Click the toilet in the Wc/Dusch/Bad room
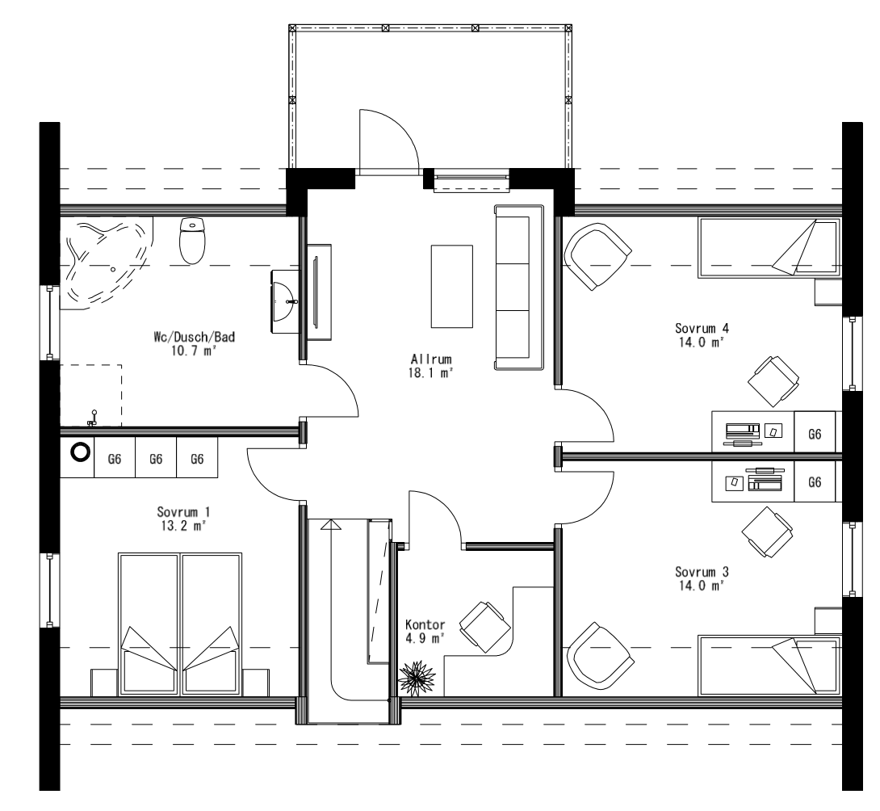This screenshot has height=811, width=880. (x=192, y=240)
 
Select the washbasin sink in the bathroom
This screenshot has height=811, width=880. (x=284, y=300)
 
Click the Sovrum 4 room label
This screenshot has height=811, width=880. (x=702, y=328)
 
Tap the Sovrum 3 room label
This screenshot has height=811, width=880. (x=702, y=572)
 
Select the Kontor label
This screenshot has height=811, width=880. (x=425, y=625)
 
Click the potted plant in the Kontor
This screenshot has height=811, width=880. (x=417, y=677)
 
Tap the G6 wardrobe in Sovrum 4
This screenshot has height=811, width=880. (x=815, y=434)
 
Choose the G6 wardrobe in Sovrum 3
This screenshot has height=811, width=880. (x=815, y=482)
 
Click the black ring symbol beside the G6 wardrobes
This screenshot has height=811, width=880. (x=80, y=452)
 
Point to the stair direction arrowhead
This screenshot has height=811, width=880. (x=330, y=525)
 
